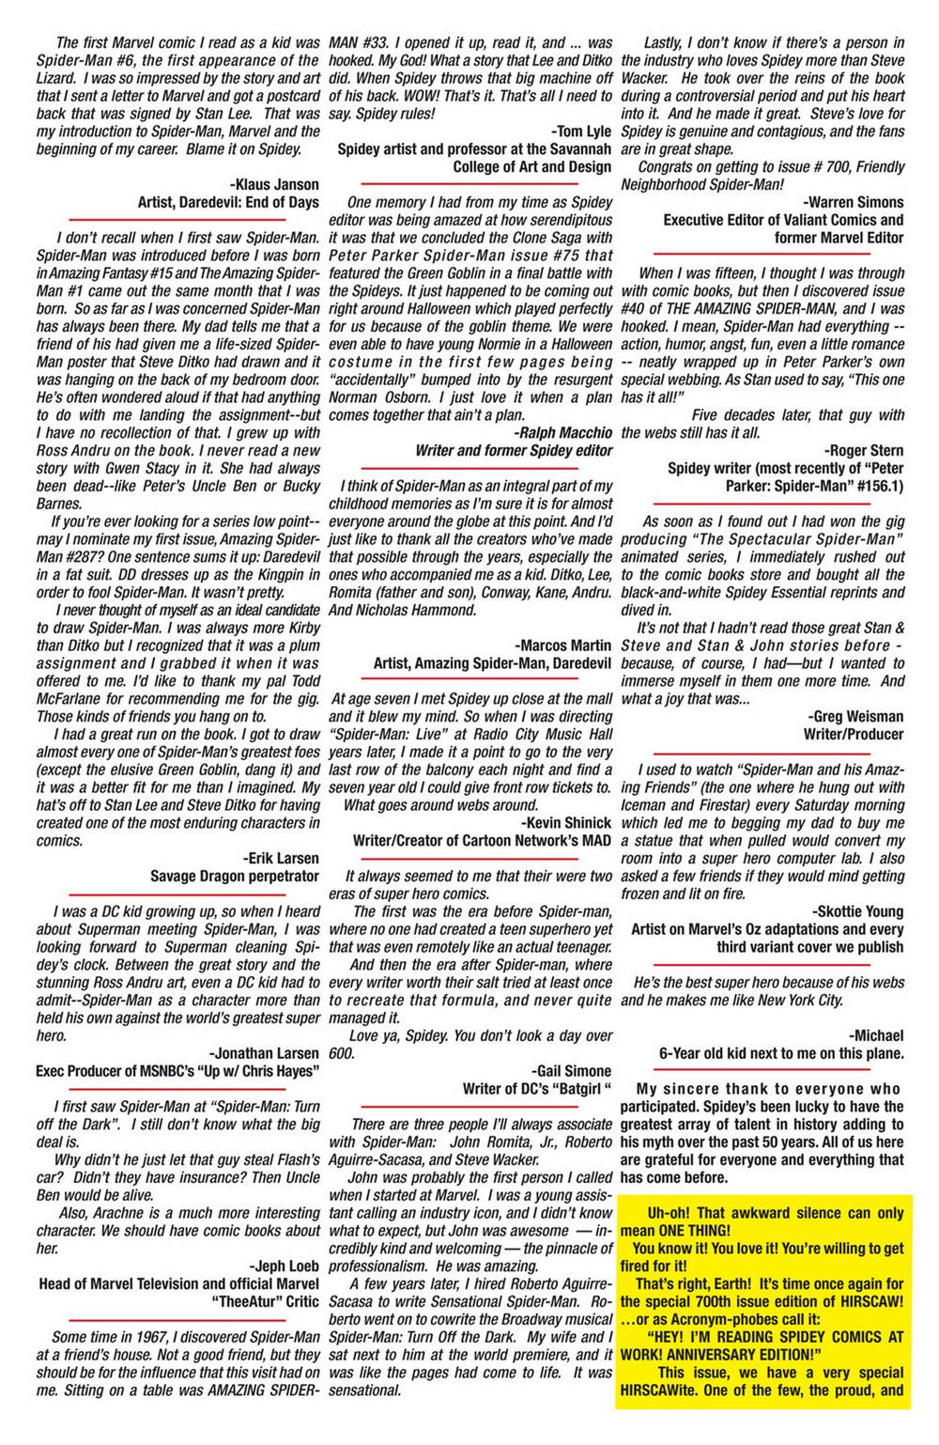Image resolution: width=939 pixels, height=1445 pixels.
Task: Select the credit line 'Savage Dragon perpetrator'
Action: [x=234, y=876]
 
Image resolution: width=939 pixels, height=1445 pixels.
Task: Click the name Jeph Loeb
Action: [x=284, y=1266]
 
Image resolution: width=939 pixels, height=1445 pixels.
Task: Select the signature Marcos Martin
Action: [x=563, y=645]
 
